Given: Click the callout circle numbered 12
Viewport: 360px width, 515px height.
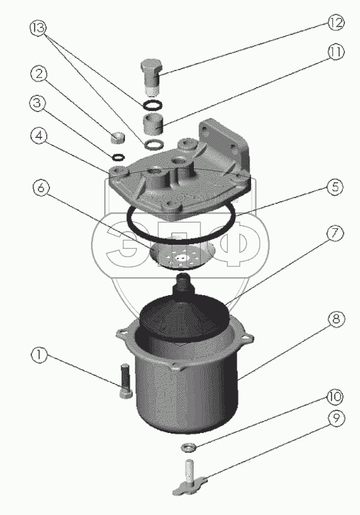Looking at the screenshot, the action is point(335,22).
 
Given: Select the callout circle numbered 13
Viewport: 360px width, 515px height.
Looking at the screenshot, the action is point(39,28).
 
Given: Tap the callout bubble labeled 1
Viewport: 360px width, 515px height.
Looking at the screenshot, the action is point(39,355).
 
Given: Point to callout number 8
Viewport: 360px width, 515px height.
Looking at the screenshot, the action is point(336,319).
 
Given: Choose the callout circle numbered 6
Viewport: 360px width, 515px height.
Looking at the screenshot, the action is point(41,188).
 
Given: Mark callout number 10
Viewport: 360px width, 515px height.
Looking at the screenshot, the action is point(334,396).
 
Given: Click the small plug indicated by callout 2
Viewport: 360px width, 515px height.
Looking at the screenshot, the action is point(117,137).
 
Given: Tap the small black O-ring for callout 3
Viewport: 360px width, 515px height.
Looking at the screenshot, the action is point(118,157).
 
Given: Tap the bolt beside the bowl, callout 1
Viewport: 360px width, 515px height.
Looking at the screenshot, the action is point(126,381).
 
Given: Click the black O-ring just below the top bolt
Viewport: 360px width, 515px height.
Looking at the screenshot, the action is point(152,105).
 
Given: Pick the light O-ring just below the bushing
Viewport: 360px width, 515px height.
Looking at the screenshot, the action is point(153,144).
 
